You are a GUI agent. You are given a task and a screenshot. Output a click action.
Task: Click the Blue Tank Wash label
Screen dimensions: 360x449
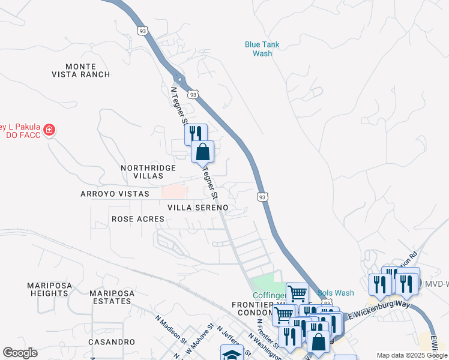262,49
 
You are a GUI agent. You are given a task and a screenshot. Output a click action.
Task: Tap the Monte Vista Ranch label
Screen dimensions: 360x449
88,70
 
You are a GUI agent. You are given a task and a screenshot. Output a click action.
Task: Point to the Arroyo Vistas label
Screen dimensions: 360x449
115,194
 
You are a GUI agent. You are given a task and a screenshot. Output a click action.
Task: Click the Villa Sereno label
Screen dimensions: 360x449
197,207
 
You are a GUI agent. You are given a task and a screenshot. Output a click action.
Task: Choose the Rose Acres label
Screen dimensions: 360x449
138,219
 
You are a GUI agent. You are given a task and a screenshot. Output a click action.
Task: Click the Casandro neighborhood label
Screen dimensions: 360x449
112,341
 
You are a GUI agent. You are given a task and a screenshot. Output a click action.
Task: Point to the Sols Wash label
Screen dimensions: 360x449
336,293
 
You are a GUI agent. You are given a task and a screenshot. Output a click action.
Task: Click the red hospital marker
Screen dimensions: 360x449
48,129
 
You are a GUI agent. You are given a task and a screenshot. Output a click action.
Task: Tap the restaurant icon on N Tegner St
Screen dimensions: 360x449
196,133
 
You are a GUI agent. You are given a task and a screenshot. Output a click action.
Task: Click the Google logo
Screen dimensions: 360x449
20,353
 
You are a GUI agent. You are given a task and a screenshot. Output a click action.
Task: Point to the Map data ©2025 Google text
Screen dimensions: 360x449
411,355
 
